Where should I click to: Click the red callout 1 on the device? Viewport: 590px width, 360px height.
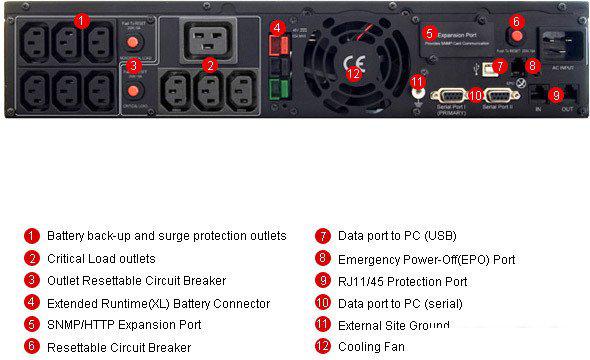[81, 20]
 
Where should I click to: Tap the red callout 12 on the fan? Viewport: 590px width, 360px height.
[352, 73]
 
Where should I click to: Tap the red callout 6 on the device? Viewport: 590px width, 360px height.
[516, 21]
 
